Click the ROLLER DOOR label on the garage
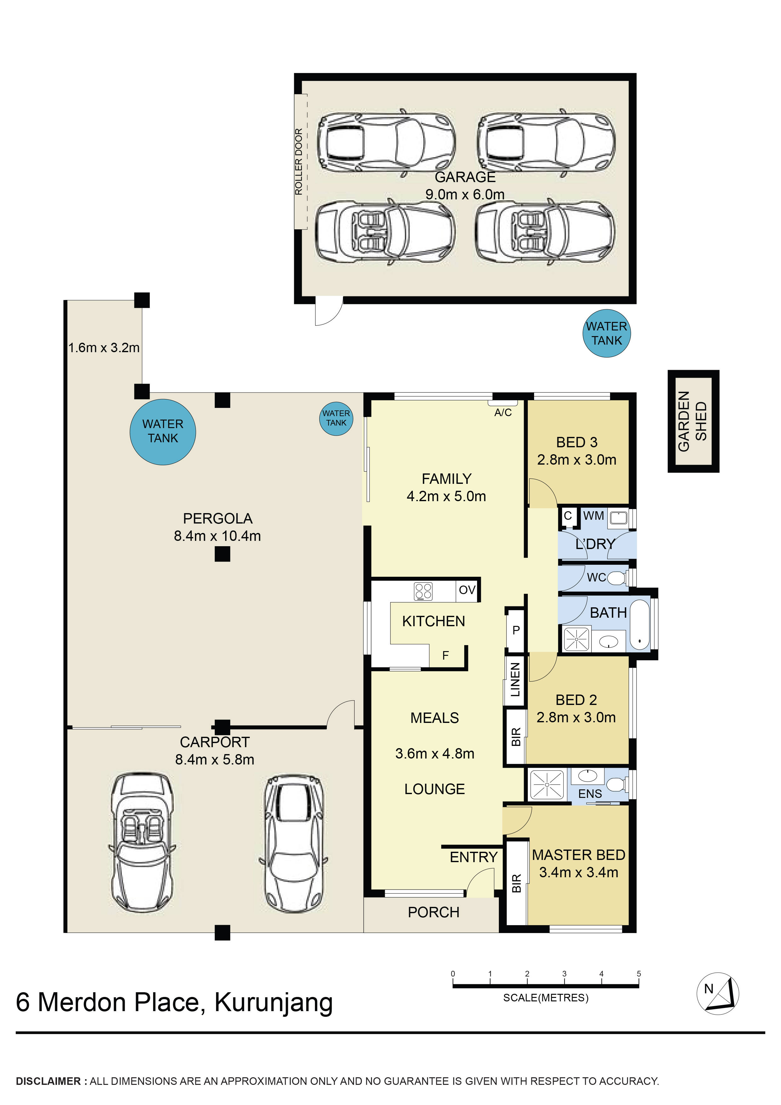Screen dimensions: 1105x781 tap(299, 162)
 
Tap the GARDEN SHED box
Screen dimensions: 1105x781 tap(693, 421)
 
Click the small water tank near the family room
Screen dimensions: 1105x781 tap(336, 418)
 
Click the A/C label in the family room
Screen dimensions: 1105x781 tap(503, 412)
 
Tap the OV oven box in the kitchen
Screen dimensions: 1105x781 tap(467, 590)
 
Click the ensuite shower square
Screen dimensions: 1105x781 tap(547, 785)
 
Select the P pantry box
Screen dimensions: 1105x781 tap(516, 630)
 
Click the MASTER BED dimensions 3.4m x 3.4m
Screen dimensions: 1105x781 tap(579, 872)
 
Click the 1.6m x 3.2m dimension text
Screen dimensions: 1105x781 tap(104, 347)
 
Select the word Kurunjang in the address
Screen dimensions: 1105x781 tap(273, 1003)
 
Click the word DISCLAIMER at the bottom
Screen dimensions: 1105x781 tap(48, 1081)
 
